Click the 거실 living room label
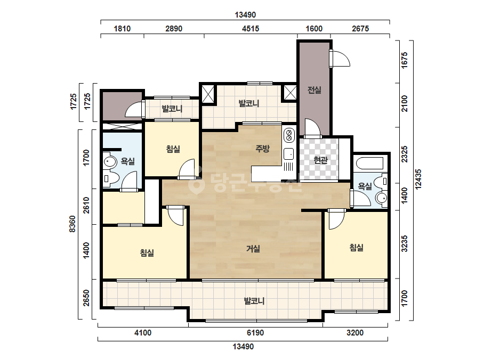point(253,249)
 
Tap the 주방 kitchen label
point(262,149)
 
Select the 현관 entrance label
point(320,160)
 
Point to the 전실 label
point(314,90)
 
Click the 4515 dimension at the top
point(251,29)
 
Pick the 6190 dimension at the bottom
point(255,333)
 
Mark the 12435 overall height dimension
point(418,179)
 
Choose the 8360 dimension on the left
point(72,224)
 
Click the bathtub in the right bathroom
point(369,163)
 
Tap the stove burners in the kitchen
point(289,135)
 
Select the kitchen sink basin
point(289,154)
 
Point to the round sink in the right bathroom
point(382,198)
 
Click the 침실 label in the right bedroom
point(357,248)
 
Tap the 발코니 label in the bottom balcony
point(254,301)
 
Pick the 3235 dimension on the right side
point(405,244)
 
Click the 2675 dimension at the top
point(360,29)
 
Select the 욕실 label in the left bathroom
point(128,161)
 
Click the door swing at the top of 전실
point(340,59)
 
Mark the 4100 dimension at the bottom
point(143,333)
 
